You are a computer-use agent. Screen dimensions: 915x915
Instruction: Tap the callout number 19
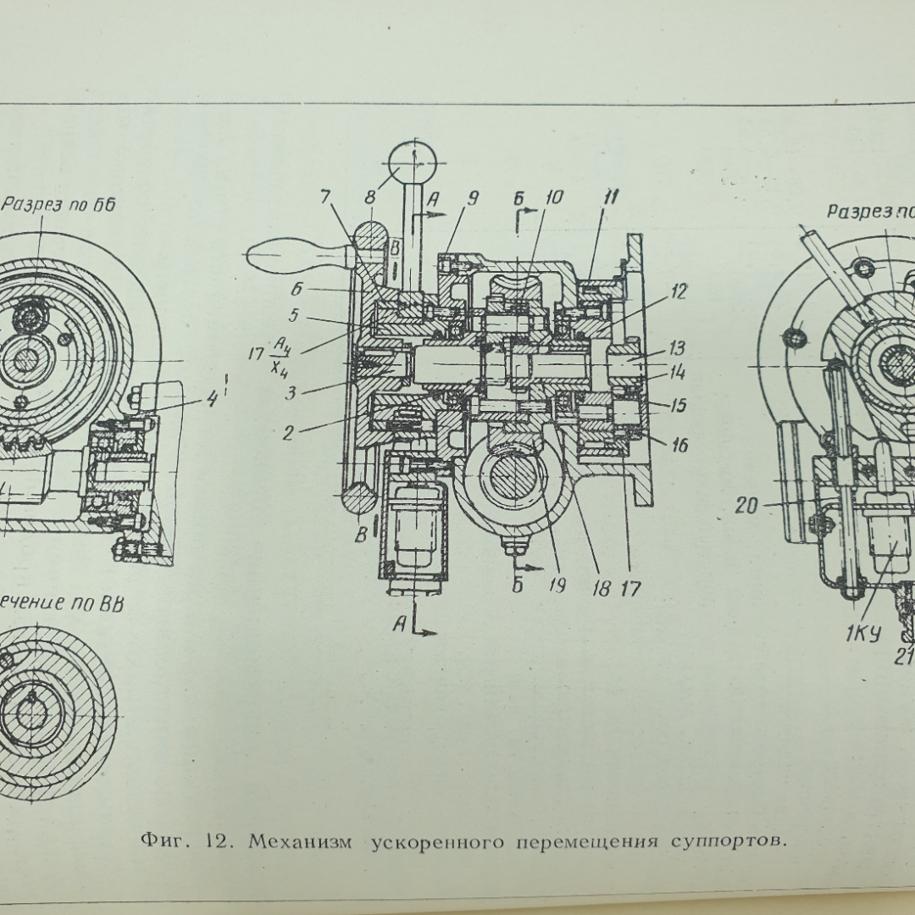(556, 586)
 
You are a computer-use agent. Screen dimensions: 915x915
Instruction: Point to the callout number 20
(746, 506)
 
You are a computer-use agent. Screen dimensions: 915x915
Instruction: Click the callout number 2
(288, 432)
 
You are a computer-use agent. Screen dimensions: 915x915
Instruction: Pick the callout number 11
(610, 198)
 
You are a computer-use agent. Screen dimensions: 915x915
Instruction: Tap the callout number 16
(678, 444)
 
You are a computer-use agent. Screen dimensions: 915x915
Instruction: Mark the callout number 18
(601, 588)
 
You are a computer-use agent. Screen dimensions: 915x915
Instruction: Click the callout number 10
(555, 198)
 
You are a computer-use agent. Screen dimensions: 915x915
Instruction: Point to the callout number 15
(677, 406)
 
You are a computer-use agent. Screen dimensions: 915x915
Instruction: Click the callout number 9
(473, 198)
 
